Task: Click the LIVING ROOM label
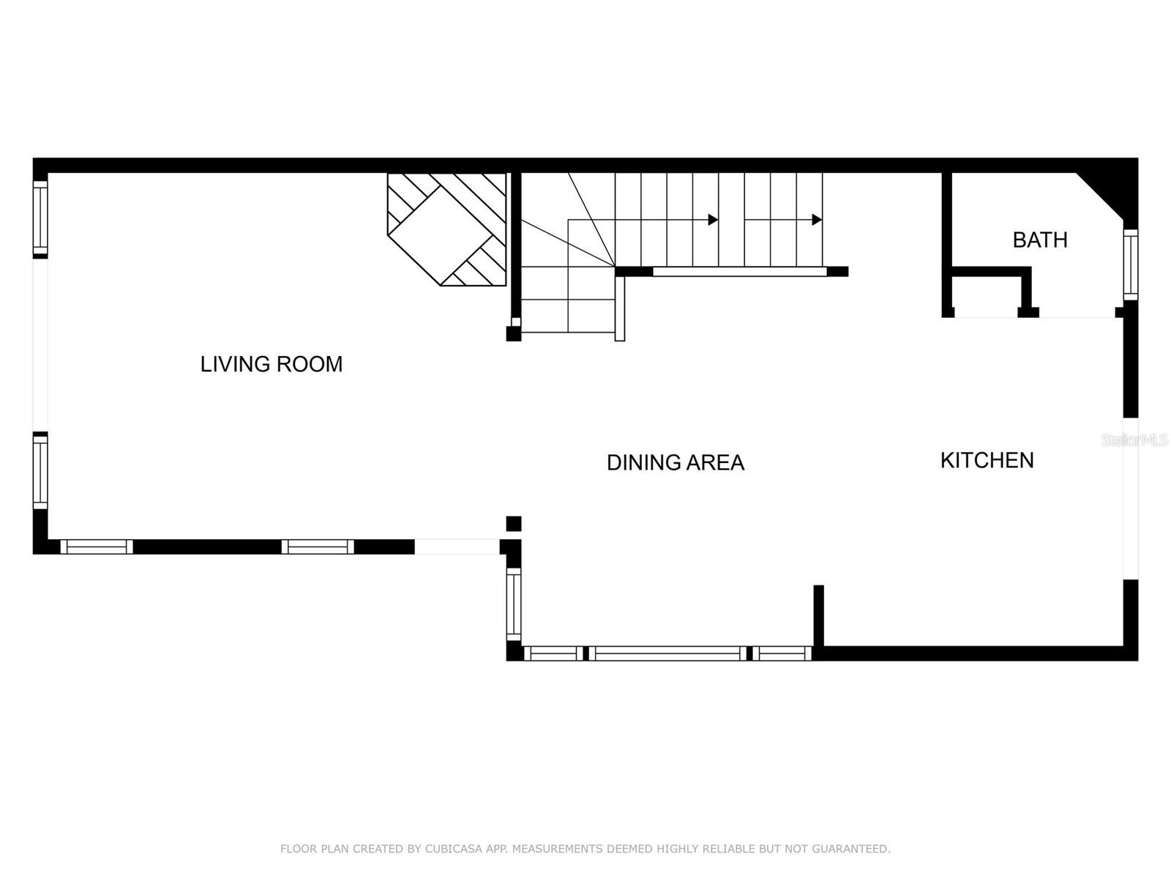[272, 364]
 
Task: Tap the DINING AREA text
[675, 462]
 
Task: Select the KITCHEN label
[987, 460]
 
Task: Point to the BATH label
[1039, 240]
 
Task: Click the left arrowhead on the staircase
[713, 220]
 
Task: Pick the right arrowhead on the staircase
[817, 220]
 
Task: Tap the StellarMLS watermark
[1134, 439]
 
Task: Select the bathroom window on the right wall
[1131, 264]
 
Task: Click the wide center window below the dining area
[667, 653]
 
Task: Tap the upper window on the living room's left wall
[40, 218]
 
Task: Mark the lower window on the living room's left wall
[40, 471]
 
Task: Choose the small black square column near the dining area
[514, 524]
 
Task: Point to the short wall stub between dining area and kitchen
[819, 615]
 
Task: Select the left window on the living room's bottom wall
[97, 546]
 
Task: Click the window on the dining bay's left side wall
[514, 605]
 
